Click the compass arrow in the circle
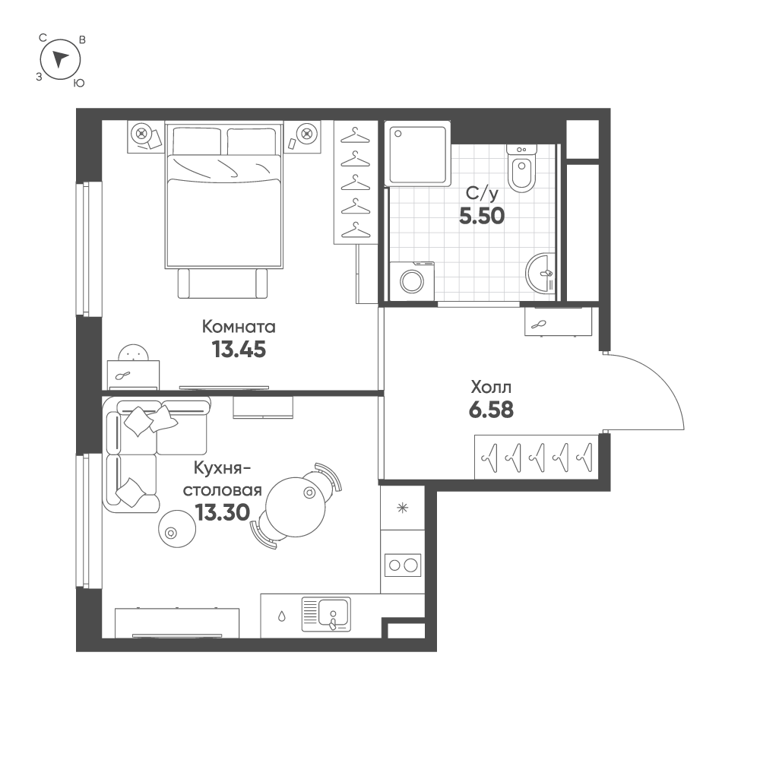[61, 59]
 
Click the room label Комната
[239, 327]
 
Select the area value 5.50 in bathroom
[482, 216]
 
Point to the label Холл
[491, 386]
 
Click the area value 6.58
[491, 410]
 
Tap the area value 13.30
[222, 512]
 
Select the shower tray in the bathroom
[417, 154]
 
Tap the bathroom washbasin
[541, 271]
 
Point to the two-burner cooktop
[402, 565]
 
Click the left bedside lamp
[141, 134]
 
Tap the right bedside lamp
[307, 134]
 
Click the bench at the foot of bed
[223, 283]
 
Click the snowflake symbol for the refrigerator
[402, 508]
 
